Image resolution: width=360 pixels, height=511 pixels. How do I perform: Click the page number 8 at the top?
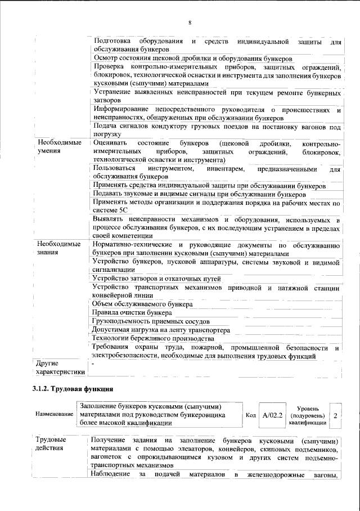[190, 23]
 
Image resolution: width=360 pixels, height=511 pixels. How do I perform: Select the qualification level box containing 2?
[336, 415]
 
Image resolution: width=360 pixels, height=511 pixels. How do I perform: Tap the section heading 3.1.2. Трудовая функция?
[73, 389]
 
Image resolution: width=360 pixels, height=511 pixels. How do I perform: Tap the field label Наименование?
[54, 415]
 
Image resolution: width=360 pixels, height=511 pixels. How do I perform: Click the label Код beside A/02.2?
[251, 415]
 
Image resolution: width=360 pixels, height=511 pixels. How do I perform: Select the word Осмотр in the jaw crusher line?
[106, 58]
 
